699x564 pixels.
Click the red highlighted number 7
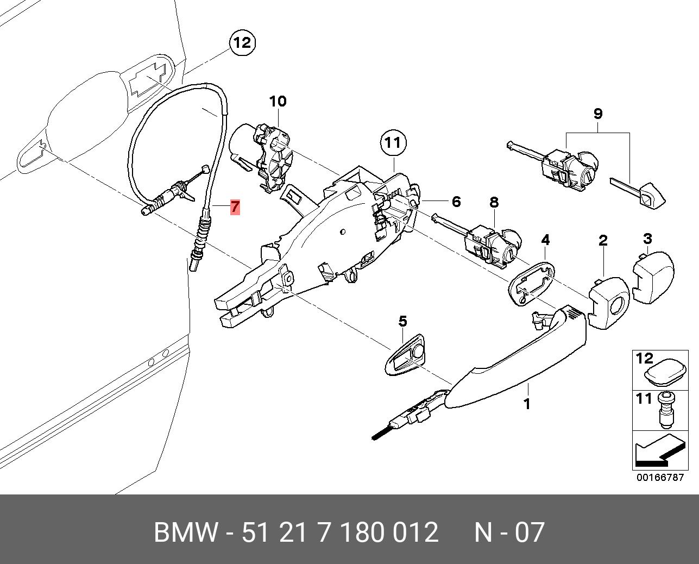[x=235, y=206]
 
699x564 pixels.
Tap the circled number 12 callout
[x=242, y=42]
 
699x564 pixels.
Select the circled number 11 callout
[x=393, y=143]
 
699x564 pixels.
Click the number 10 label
[x=277, y=101]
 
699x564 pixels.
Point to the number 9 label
[x=597, y=114]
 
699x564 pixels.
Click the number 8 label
[x=493, y=203]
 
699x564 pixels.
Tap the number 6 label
[x=456, y=202]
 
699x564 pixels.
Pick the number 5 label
[x=402, y=321]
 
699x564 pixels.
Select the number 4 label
[x=545, y=240]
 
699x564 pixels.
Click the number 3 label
[x=647, y=239]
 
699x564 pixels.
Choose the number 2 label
[x=603, y=241]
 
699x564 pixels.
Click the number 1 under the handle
[x=526, y=404]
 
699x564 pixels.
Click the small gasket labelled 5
[x=405, y=355]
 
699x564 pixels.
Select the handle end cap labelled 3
[x=653, y=277]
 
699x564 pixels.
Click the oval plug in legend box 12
[x=665, y=374]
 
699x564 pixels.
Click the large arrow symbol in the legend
[x=657, y=450]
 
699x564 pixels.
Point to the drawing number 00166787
[x=660, y=478]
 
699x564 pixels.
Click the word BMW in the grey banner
[x=186, y=532]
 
